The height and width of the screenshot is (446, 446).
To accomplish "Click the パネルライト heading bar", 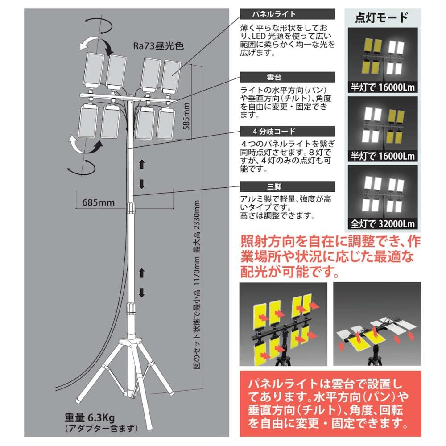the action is pos(287,14).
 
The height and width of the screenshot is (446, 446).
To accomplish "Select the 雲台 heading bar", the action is pos(287,77).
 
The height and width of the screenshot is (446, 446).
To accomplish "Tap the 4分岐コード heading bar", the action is pos(287,132).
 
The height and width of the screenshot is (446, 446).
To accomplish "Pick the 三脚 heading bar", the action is pos(287,186).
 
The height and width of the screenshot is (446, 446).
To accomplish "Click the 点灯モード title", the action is pos(382,18).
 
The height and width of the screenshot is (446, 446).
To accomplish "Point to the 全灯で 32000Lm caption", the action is pos(383,224).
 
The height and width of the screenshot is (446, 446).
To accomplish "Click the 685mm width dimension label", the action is pos(99,202).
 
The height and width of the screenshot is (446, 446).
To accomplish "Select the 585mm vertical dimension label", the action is pos(186,116).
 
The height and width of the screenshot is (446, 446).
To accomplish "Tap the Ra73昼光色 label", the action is pos(158,46).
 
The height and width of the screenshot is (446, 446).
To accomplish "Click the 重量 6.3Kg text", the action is pos(89,417).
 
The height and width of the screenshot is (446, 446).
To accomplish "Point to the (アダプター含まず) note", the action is pos(101,428).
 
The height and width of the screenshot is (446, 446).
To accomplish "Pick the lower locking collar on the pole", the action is pos(131,308).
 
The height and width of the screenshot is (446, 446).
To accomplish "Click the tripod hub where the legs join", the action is pos(131,343).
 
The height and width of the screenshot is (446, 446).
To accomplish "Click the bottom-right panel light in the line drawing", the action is pos(166,123).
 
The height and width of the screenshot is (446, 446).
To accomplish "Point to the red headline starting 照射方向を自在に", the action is pos(330,257).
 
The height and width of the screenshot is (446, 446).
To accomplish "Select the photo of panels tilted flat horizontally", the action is pos(377,324).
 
